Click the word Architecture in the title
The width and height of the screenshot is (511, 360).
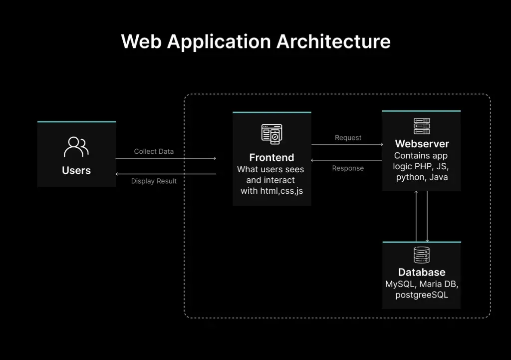[x=333, y=41]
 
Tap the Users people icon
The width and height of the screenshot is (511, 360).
[x=76, y=147]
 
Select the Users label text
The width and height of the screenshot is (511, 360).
[x=76, y=170]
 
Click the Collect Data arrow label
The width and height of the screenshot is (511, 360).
[x=154, y=151]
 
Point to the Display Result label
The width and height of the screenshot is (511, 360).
[x=154, y=181]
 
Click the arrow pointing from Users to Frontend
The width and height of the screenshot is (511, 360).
[x=166, y=158]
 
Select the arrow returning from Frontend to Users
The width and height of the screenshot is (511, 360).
[x=166, y=174]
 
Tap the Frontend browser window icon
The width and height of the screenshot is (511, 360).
[x=272, y=134]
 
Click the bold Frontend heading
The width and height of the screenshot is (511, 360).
[x=272, y=157]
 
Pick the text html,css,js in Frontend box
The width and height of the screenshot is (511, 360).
[x=281, y=191]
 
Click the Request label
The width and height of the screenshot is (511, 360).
[x=348, y=138]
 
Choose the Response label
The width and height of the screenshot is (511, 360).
[x=348, y=168]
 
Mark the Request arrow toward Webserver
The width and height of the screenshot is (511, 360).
[x=347, y=144]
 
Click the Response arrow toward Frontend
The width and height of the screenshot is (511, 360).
[x=347, y=160]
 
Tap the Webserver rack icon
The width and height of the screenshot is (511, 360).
[x=422, y=126]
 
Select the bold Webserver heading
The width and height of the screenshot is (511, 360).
[x=422, y=144]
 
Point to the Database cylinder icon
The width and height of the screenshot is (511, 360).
[x=422, y=255]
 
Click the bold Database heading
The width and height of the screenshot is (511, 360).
[x=422, y=272]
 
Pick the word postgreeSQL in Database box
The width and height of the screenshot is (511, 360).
[x=422, y=295]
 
